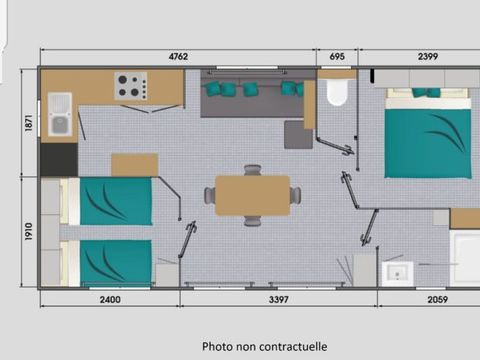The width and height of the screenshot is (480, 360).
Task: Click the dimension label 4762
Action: click(178, 57)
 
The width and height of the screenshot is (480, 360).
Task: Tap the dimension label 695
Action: click(337, 57)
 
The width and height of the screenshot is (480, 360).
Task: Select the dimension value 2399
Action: click(428, 57)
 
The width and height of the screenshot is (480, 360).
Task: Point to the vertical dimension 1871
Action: click(29, 123)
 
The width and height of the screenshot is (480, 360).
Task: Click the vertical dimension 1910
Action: click(29, 231)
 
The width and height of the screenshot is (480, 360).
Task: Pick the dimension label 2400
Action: click(110, 300)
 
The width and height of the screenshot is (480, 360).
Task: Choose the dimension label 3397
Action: click(279, 300)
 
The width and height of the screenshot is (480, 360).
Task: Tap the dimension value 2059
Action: click(438, 300)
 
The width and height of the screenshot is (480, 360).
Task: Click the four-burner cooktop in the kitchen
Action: click(131, 86)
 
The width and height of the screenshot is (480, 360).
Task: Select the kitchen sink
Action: click(60, 114)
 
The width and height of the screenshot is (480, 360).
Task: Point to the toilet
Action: click(337, 89)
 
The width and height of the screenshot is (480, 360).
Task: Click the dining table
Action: click(252, 196)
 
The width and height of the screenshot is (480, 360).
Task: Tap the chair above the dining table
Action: click(252, 170)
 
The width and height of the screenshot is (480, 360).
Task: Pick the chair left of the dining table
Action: click(210, 195)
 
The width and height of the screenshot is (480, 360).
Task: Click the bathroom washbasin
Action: click(398, 274)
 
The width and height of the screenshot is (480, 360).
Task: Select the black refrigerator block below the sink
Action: click(59, 160)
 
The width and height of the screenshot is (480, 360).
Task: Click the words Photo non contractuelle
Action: click(264, 347)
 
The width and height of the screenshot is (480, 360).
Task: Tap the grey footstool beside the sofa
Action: click(298, 135)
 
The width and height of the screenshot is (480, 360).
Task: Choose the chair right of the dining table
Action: click(296, 195)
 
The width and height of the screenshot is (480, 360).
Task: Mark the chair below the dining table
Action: click(252, 221)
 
